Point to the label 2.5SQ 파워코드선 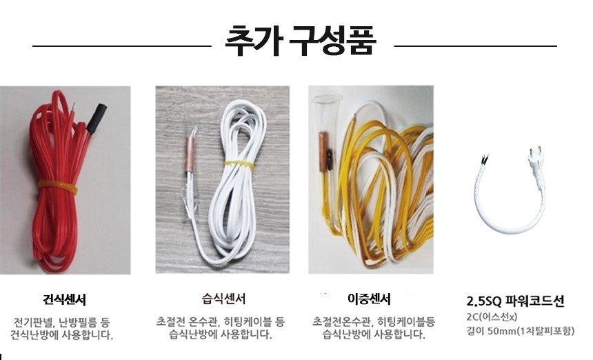click(x=516, y=301)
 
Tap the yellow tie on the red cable click(x=57, y=186)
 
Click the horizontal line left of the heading click(x=121, y=46)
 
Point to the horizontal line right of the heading click(x=476, y=46)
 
